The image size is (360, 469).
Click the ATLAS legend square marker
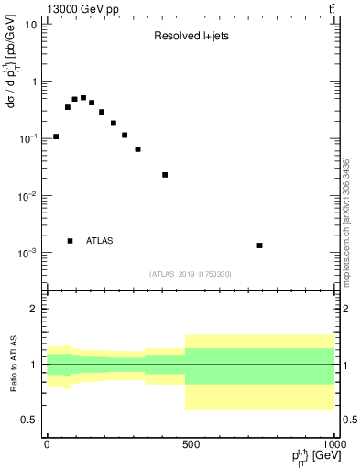click(71, 241)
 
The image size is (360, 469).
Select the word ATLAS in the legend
click(100, 241)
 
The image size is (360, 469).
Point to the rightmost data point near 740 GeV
click(260, 245)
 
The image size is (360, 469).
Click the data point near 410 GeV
click(165, 175)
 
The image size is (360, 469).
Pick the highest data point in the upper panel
click(83, 98)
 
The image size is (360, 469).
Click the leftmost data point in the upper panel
click(56, 136)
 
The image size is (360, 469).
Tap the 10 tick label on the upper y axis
click(31, 24)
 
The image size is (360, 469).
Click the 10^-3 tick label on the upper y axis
click(27, 253)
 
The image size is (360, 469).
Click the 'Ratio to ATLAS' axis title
click(13, 364)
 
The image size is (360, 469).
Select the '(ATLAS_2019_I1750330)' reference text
click(191, 274)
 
